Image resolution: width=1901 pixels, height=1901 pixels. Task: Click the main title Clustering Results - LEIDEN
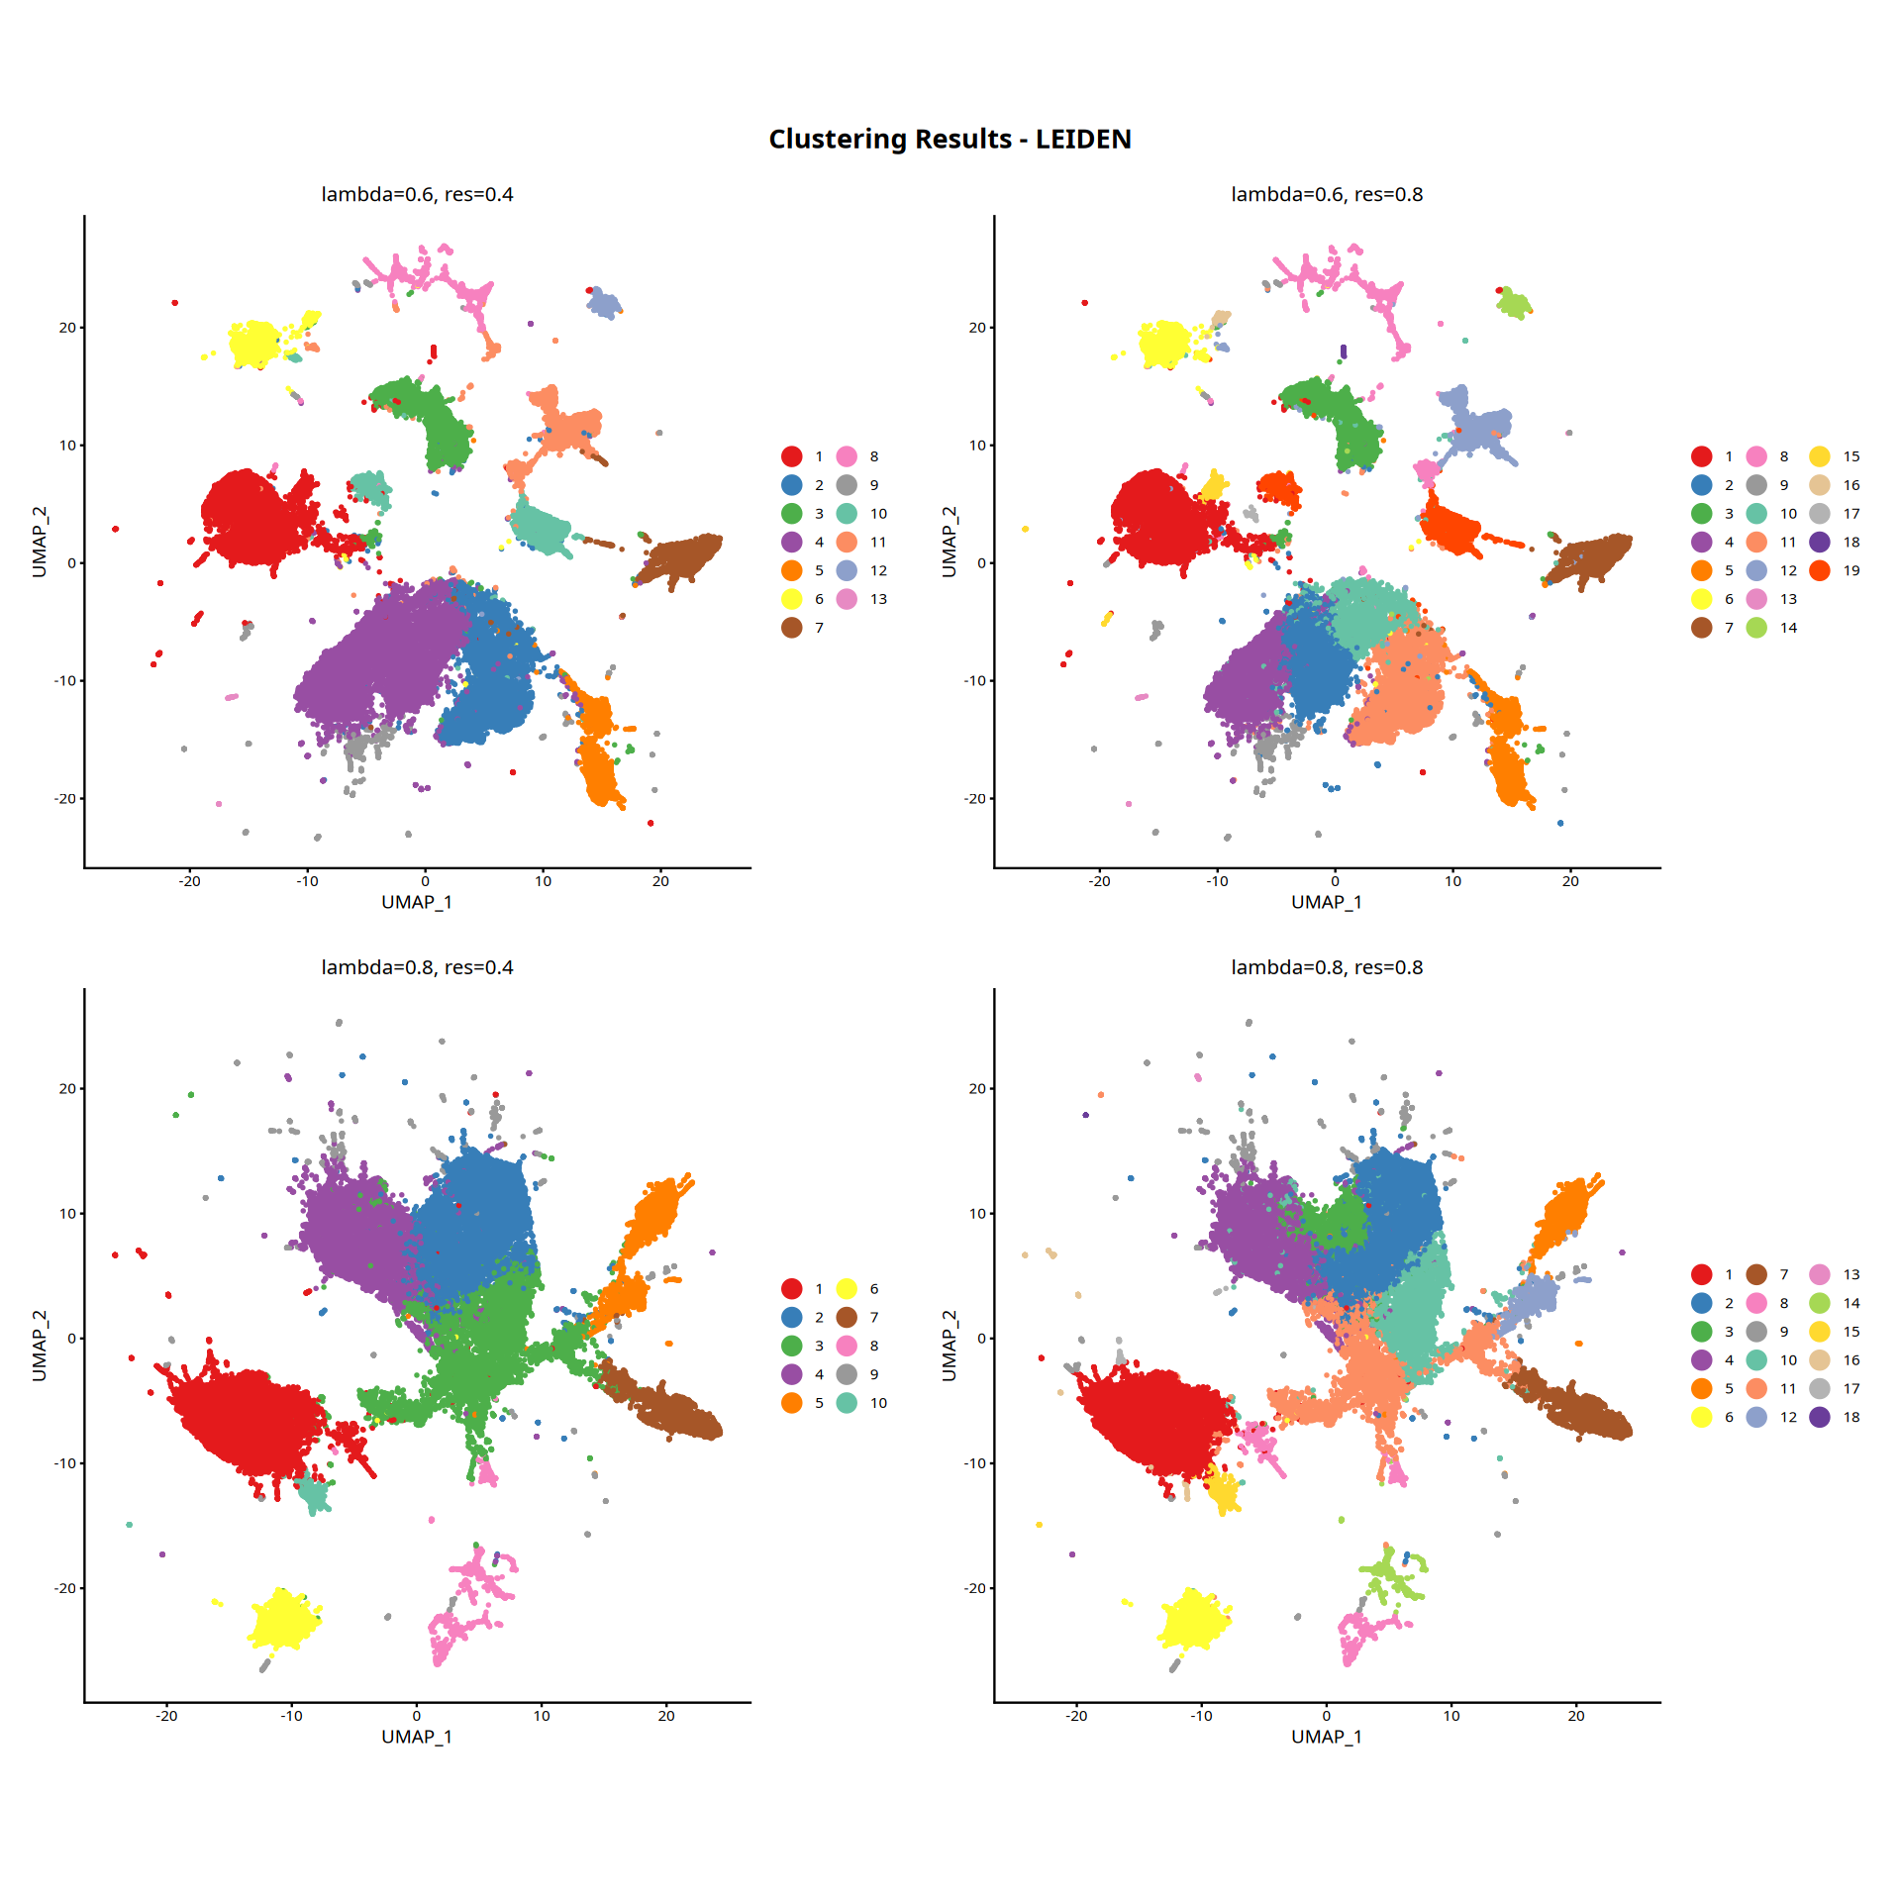click(x=950, y=140)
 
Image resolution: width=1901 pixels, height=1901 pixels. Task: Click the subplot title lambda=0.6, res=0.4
click(x=417, y=195)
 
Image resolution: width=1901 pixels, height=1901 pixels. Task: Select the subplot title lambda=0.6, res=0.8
click(x=1327, y=195)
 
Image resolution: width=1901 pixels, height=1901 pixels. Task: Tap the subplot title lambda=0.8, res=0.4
click(x=417, y=967)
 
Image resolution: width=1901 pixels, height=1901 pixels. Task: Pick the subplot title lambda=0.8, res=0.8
click(x=1327, y=967)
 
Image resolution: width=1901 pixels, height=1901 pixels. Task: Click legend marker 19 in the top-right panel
click(x=1819, y=570)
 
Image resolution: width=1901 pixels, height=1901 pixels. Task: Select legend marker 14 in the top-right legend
click(x=1756, y=628)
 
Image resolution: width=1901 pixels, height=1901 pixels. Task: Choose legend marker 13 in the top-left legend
click(x=847, y=599)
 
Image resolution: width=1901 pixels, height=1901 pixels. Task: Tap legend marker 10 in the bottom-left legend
click(x=847, y=1403)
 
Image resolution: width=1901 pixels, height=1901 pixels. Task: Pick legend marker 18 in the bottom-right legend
click(x=1819, y=1417)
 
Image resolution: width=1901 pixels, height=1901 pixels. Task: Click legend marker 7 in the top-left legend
click(x=791, y=628)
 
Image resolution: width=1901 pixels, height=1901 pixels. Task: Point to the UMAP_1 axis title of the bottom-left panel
click(x=417, y=1737)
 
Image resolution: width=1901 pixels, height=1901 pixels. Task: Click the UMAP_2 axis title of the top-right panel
click(x=950, y=542)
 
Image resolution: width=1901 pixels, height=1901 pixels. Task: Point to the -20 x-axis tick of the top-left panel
click(x=189, y=881)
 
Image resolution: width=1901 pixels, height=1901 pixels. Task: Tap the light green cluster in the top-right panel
click(x=1512, y=303)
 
